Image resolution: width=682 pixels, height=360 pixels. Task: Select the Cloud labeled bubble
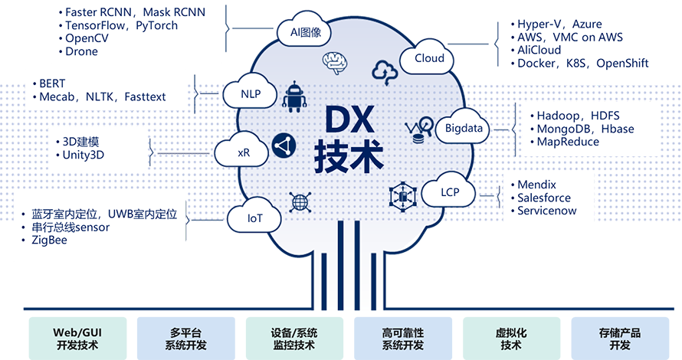click(x=427, y=57)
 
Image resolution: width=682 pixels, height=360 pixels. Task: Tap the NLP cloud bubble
click(x=250, y=93)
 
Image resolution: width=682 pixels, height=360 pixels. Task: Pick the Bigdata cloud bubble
click(x=463, y=127)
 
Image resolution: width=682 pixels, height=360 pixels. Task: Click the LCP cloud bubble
click(x=448, y=191)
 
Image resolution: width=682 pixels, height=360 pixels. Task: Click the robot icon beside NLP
click(x=294, y=97)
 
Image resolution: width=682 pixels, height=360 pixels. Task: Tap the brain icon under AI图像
click(x=334, y=62)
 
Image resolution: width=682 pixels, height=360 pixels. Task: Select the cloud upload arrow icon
click(x=385, y=72)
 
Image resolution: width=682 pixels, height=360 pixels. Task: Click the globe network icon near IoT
click(x=300, y=201)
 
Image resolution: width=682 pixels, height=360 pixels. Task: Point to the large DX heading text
click(x=349, y=119)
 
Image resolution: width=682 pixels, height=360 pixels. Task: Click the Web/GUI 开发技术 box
click(x=78, y=339)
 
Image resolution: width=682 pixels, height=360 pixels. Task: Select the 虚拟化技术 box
click(x=512, y=339)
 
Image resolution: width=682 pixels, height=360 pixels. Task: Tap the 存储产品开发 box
click(x=620, y=339)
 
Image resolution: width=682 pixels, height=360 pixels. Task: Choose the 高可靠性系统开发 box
click(x=403, y=339)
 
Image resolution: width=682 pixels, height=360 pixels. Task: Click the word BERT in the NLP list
click(x=52, y=83)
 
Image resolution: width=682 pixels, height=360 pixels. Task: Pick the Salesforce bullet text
click(x=544, y=198)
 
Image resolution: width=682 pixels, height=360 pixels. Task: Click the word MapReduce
click(x=568, y=142)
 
